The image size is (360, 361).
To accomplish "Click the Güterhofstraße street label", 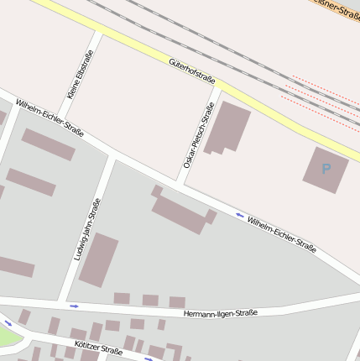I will (x=192, y=71).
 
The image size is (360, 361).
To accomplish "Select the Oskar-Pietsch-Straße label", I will (x=199, y=134).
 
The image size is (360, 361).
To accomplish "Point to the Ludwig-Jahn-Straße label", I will (x=87, y=228).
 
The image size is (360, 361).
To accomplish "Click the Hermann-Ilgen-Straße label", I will (x=221, y=313).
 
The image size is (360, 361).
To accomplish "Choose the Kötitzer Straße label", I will (x=98, y=348).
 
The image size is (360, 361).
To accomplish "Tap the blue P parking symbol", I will (x=326, y=169).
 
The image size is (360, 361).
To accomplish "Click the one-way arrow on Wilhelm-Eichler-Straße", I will (x=240, y=215).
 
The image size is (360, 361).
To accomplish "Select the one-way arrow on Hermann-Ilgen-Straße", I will (x=74, y=306).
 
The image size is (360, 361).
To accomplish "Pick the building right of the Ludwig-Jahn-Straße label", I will (x=99, y=259).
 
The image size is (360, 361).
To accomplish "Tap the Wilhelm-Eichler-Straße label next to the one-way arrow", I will (x=282, y=234).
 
